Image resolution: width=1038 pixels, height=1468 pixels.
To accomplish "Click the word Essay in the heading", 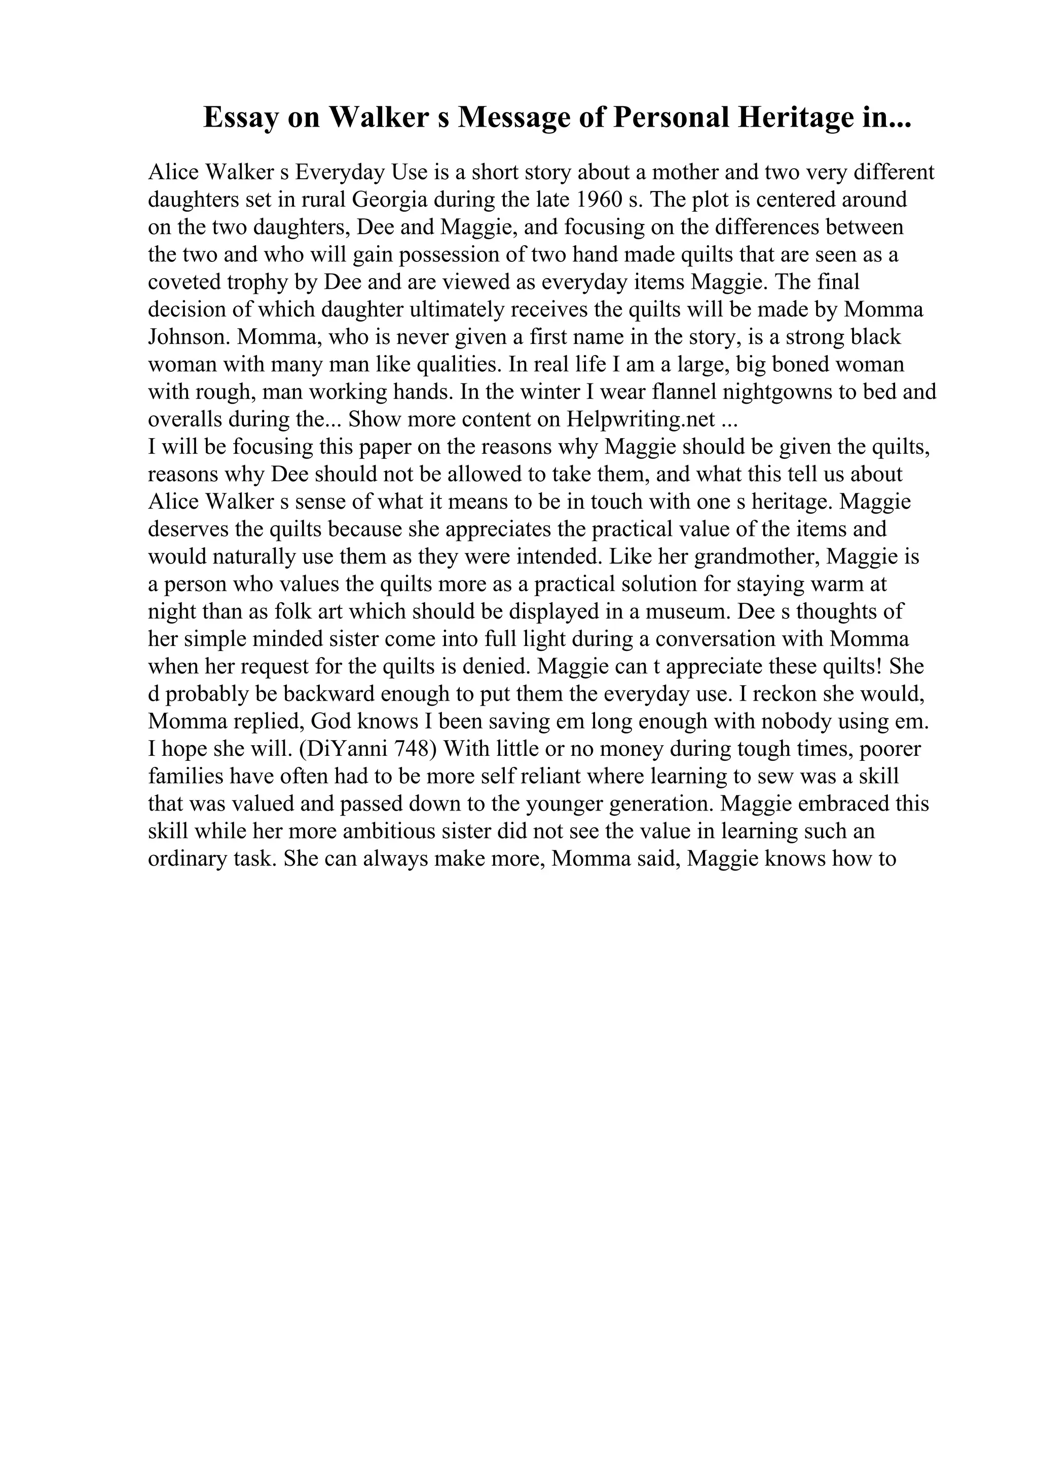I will click(x=242, y=119).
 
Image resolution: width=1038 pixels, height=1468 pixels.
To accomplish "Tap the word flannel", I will click(x=663, y=392).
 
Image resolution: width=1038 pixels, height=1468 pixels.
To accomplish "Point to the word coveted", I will click(x=184, y=282).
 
